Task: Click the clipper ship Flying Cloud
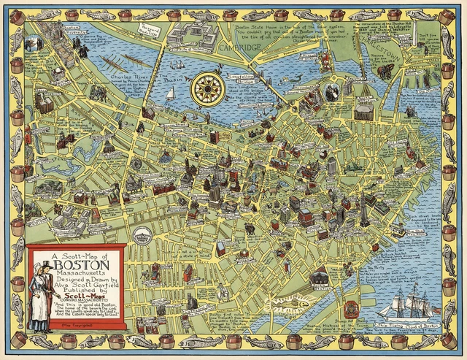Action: tap(417, 300)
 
